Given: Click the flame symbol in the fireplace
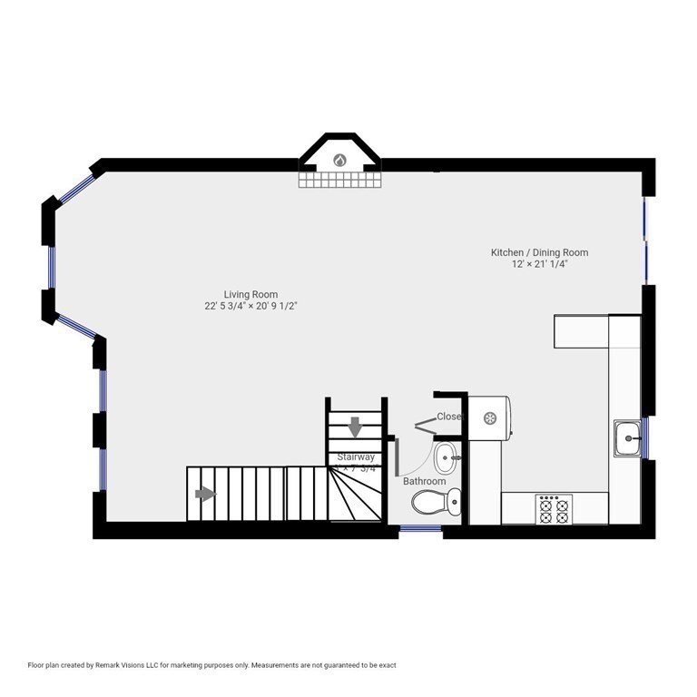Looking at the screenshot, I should coord(340,161).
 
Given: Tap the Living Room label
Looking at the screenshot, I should coord(250,294).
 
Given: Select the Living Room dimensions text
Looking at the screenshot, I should coord(251,307).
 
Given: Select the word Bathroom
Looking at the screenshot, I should coord(425,481).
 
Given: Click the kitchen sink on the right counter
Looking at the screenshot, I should coord(628,439).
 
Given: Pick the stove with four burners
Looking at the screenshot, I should coord(553,509).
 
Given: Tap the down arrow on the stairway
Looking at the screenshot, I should coord(355,425).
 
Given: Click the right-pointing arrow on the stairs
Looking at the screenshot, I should coord(206,494).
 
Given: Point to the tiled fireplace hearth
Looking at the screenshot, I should coord(340,181).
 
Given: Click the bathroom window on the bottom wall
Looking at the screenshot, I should coord(421,528).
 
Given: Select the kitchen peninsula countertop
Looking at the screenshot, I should coord(581,330).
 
